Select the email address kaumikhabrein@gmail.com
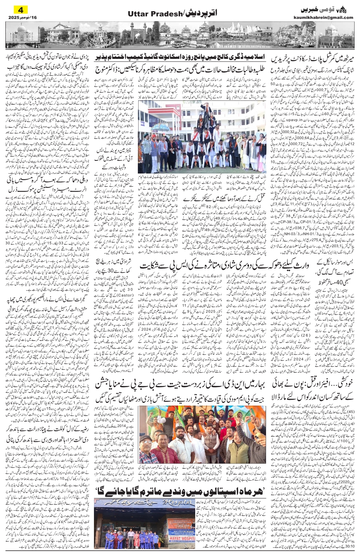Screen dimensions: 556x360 tap(327, 17)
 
